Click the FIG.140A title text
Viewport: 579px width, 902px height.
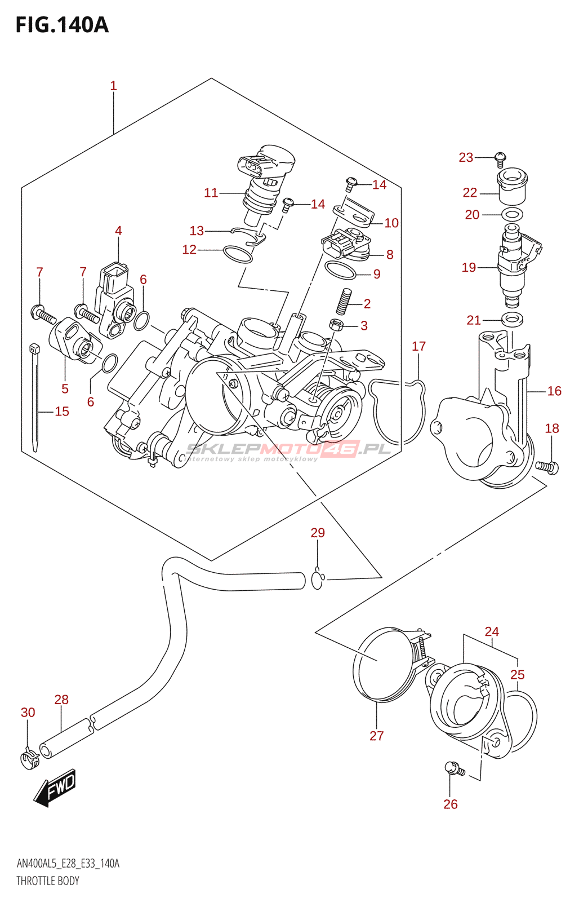(62, 25)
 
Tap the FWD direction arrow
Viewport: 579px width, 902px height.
(55, 787)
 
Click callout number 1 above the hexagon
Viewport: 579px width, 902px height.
(113, 86)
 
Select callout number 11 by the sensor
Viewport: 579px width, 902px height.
(211, 193)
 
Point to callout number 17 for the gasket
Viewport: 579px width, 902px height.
(418, 346)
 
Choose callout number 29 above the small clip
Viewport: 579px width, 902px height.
(318, 533)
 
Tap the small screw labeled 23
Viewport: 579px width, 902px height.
(500, 160)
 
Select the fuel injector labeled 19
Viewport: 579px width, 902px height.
(517, 266)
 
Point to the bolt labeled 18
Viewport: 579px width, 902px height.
(547, 467)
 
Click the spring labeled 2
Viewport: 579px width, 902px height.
(344, 301)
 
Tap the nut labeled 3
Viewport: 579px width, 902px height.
(336, 324)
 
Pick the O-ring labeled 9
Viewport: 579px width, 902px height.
(340, 270)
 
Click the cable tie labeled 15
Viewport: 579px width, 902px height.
(35, 397)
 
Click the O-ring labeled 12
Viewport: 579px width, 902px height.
(237, 254)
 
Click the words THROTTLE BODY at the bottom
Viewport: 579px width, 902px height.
(47, 881)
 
